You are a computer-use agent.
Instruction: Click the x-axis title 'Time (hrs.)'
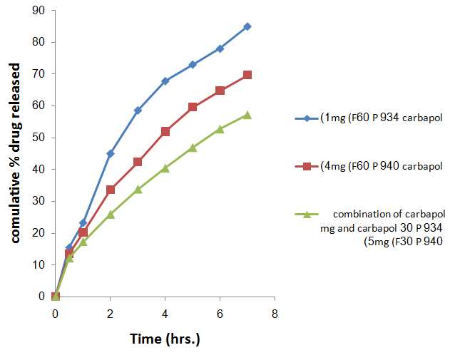[165, 339]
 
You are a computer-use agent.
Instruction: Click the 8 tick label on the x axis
[274, 313]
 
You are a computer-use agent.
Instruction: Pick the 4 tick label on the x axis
[165, 313]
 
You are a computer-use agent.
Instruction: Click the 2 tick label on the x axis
[110, 313]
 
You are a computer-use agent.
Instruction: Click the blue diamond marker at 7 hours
[247, 26]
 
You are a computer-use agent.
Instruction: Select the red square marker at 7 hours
[247, 75]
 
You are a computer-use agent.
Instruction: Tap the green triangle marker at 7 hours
[247, 115]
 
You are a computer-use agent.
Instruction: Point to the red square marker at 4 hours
[165, 131]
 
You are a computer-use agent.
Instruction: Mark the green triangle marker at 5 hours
[193, 148]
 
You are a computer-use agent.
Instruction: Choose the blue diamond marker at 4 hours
[165, 81]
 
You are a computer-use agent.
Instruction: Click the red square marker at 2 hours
[111, 190]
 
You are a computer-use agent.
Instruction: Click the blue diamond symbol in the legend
[307, 118]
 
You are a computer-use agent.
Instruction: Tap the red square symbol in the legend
[307, 166]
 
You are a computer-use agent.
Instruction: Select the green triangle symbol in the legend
[307, 214]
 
